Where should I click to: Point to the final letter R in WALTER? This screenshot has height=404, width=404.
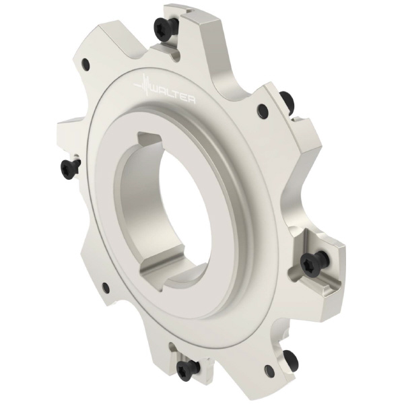click(x=191, y=100)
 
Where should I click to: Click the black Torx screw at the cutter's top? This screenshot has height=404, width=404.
click(x=162, y=28)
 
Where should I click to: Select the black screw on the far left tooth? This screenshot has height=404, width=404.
click(x=69, y=168)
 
